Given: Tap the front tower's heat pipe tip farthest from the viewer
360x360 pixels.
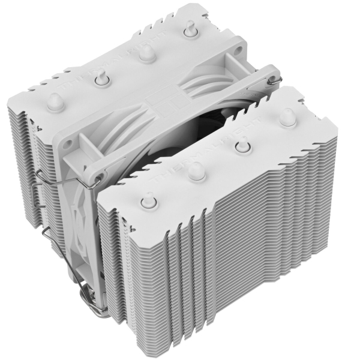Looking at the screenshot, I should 286,115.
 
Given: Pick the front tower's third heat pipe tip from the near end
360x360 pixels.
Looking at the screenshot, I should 243,143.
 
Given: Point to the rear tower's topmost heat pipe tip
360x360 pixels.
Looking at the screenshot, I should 190,27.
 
